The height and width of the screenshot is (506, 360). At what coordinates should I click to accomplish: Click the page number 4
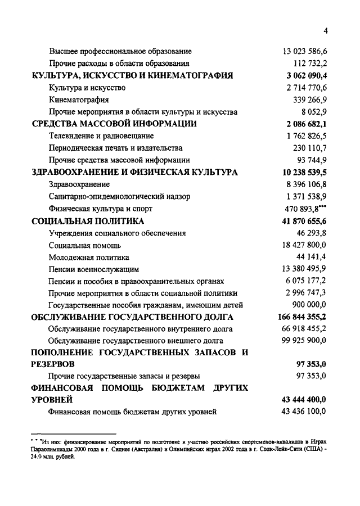tap(325, 30)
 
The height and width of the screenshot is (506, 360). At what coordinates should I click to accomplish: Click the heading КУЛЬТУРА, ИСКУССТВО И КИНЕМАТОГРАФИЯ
tap(132, 76)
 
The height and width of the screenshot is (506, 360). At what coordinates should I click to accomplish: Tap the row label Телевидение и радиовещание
tap(101, 136)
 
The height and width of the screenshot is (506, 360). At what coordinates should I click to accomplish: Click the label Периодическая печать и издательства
tap(115, 148)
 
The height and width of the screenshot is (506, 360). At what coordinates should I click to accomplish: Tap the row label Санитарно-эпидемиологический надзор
tap(119, 197)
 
